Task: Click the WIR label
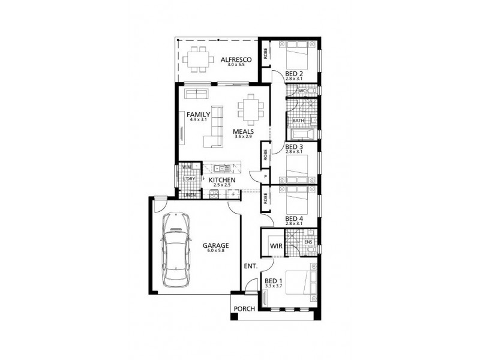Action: point(276,246)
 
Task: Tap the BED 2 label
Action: point(294,74)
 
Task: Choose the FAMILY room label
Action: point(198,114)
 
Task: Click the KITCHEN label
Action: point(221,179)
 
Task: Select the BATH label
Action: point(298,121)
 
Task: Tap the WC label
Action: point(311,91)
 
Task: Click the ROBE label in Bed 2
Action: point(265,55)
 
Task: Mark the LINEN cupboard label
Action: point(190,194)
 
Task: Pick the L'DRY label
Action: point(188,179)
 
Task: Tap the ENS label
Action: point(308,242)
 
